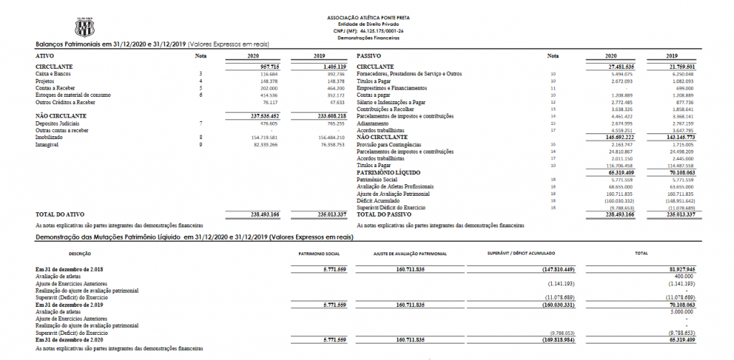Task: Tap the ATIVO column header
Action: point(44,55)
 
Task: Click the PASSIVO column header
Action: point(368,55)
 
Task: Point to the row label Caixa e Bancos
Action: point(52,74)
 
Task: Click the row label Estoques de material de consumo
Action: point(72,95)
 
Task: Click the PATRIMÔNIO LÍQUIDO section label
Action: point(388,173)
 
